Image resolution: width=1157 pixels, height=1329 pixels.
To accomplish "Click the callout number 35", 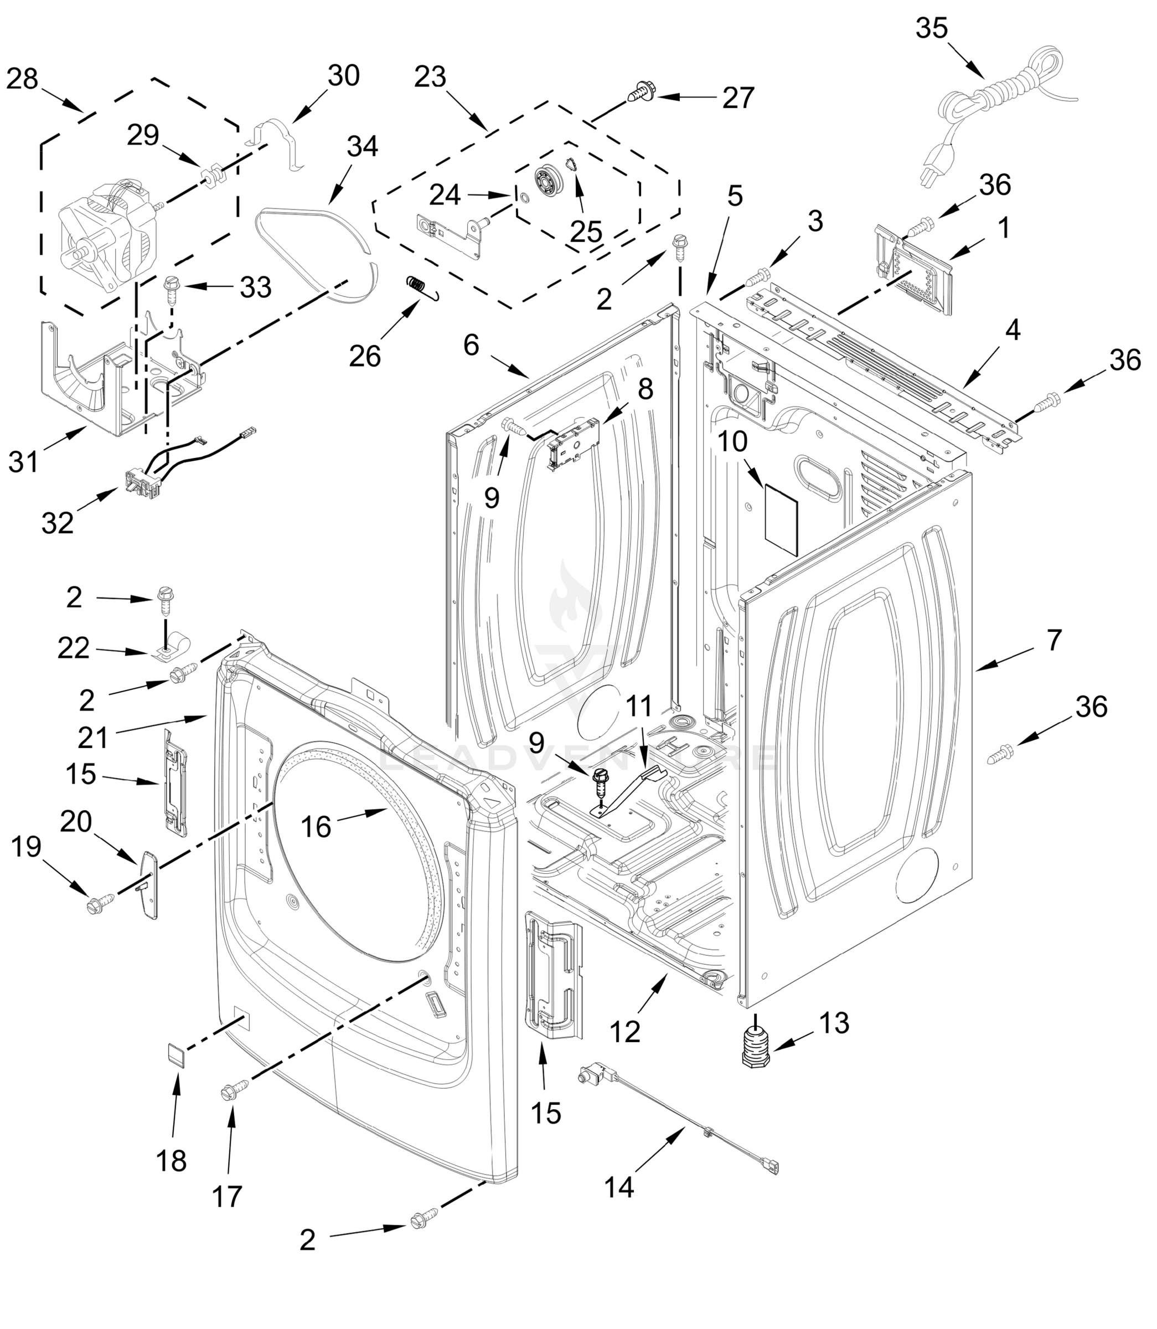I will point(931,28).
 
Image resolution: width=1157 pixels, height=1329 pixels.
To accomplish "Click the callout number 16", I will point(316,827).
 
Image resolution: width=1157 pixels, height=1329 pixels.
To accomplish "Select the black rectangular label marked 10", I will point(781,520).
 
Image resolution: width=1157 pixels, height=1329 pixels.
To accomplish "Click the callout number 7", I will point(1053,640).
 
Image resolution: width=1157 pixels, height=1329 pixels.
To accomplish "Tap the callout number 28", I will point(23,79).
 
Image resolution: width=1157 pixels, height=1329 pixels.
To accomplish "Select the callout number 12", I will point(624,1031).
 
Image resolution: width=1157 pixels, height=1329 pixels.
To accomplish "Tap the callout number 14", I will point(619,1186).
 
